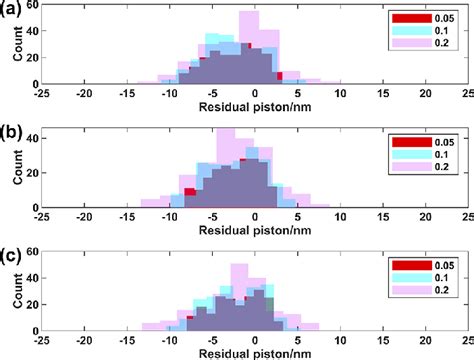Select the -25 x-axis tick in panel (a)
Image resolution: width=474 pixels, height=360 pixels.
pyautogui.click(x=43, y=94)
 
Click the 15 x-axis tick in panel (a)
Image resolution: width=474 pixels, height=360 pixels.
pyautogui.click(x=383, y=94)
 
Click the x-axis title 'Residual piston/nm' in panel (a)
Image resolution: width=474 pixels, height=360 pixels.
pyautogui.click(x=256, y=106)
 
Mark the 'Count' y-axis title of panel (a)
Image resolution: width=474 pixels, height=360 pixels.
pyautogui.click(x=18, y=50)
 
